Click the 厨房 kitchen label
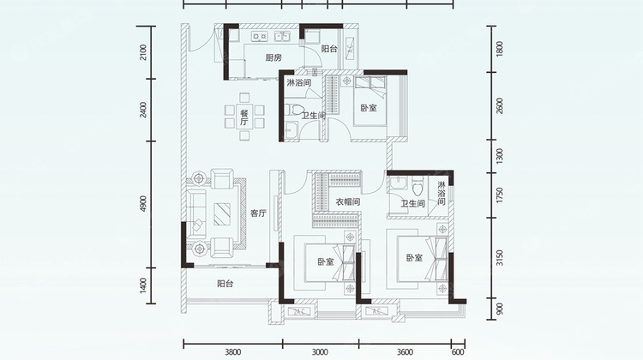[273, 57]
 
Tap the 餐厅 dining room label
[244, 117]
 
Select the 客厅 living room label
[258, 213]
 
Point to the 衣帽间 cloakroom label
[348, 201]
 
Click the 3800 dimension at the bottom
[233, 351]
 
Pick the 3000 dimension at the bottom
[320, 351]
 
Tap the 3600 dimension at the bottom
[405, 351]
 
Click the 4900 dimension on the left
[142, 204]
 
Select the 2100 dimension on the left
[142, 52]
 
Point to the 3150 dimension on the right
[500, 258]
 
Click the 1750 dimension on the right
[500, 195]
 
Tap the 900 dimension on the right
[500, 309]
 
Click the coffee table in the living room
[222, 214]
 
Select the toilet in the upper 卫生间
[294, 110]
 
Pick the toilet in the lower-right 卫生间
[418, 187]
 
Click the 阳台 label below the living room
[225, 284]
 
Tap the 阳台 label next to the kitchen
[329, 49]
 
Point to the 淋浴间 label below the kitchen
[299, 83]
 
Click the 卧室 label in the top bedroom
[369, 108]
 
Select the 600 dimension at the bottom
[458, 351]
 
